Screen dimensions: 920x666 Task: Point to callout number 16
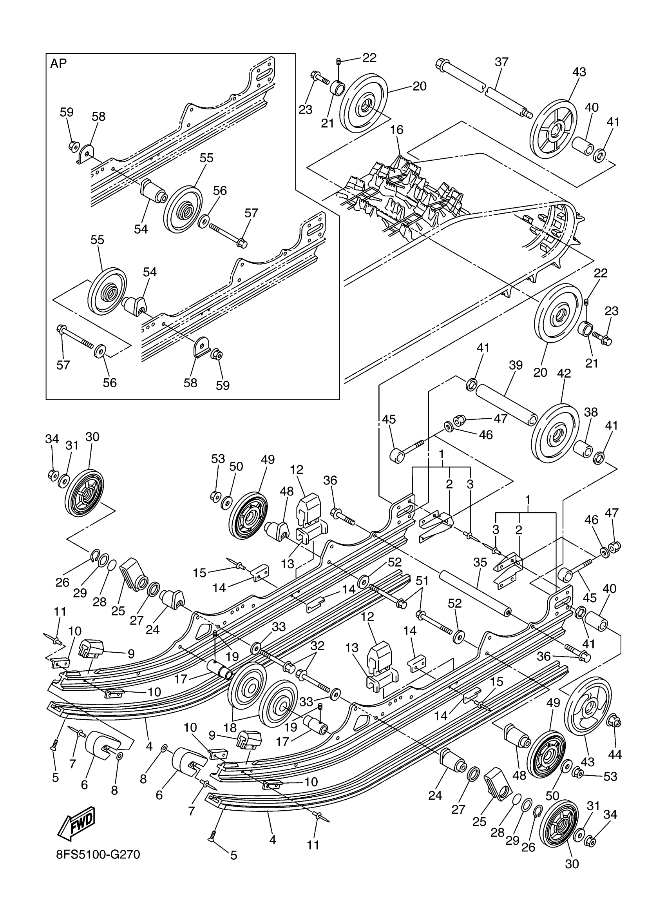[x=397, y=130]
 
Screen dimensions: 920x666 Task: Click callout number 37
[x=501, y=62]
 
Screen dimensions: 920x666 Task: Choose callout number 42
[x=564, y=373]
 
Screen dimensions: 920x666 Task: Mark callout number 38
[x=591, y=412]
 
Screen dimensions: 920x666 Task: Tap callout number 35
[x=480, y=563]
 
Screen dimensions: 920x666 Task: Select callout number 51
[x=422, y=581]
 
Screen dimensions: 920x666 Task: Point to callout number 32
[x=317, y=646]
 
